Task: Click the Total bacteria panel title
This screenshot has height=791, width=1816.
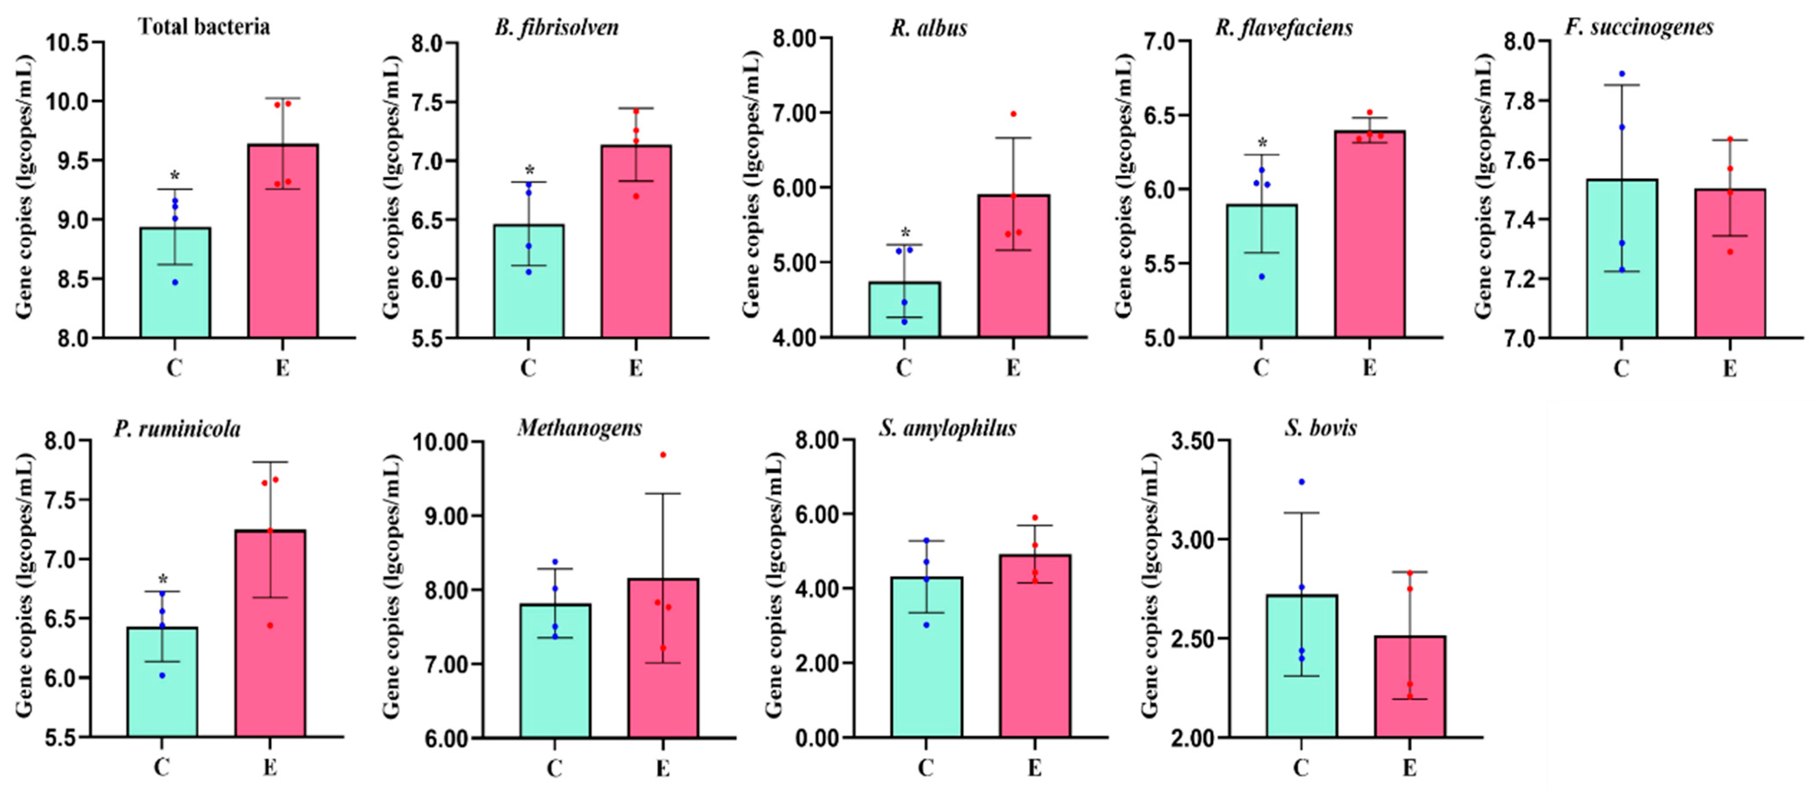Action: click(204, 27)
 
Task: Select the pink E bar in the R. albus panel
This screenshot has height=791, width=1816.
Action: click(1013, 268)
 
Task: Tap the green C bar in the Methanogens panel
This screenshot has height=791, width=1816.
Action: click(555, 670)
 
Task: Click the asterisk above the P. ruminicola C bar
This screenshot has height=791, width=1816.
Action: click(163, 580)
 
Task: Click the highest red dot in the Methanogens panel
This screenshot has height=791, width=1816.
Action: click(663, 455)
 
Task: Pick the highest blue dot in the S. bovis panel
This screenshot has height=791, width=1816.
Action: click(1301, 482)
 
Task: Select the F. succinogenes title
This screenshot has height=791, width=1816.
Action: click(1639, 27)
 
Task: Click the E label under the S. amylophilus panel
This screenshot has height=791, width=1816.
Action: click(1034, 767)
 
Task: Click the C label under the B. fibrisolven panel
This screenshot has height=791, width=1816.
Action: click(528, 368)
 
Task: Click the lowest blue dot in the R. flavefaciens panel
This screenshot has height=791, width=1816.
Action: click(1261, 276)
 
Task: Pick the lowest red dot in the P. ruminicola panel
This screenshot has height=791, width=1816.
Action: click(270, 625)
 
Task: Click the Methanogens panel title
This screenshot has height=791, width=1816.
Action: click(579, 428)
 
